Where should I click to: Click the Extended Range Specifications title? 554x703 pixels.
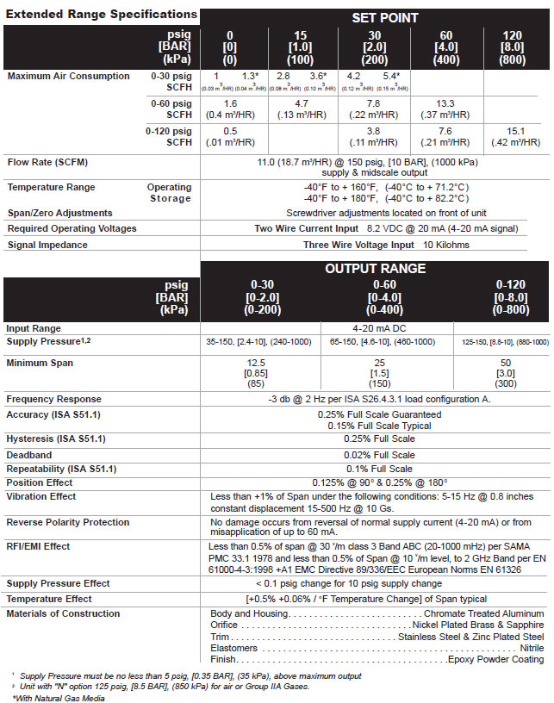click(x=99, y=14)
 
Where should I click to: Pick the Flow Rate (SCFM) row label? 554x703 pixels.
click(x=48, y=161)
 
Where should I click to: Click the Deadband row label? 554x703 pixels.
click(x=31, y=454)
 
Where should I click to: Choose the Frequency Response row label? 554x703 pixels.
click(x=53, y=400)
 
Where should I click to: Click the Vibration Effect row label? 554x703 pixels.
click(x=41, y=496)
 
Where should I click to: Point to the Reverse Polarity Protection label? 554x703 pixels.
click(x=68, y=522)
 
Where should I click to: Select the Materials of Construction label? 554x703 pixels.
click(x=63, y=613)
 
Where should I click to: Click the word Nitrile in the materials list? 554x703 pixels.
click(x=531, y=647)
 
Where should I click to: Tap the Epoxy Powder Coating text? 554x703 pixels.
click(x=495, y=659)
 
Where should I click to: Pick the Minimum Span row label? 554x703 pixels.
click(x=40, y=363)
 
